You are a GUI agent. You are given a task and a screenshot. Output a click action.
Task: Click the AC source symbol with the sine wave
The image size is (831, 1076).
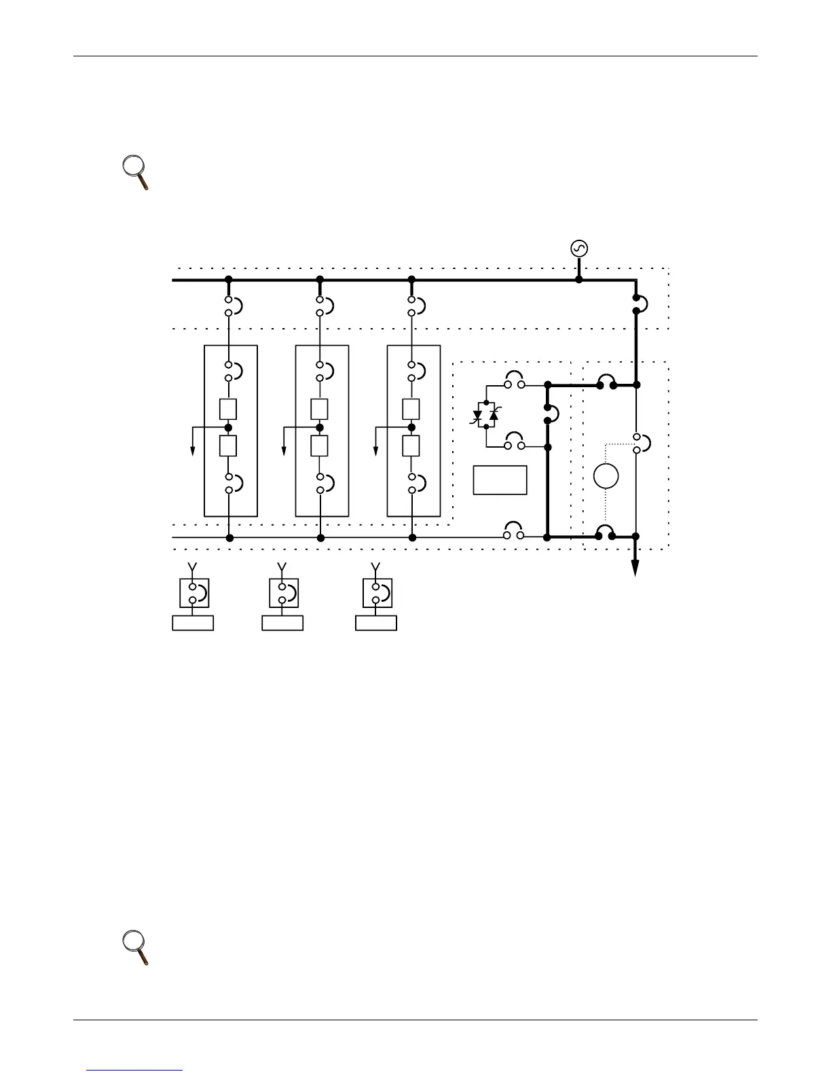pos(579,249)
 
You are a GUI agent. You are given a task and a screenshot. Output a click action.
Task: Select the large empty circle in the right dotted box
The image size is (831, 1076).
pos(606,476)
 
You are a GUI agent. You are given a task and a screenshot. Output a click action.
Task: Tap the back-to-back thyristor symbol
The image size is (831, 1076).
pos(486,415)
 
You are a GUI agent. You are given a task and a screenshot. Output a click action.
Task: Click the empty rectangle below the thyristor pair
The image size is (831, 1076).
pos(500,480)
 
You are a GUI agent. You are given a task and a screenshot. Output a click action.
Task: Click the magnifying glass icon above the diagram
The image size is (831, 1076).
pos(136,173)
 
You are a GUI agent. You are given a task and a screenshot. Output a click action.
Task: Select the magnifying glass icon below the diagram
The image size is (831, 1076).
pos(136,948)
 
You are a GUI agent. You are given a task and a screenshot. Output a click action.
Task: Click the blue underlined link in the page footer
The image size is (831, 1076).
pos(135,1071)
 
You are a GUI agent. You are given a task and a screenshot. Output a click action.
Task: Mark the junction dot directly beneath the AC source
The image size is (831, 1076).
pos(579,279)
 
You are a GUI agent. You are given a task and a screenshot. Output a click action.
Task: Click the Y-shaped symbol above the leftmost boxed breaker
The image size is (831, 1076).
pos(193,567)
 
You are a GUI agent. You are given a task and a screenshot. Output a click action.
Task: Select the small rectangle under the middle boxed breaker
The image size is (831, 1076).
pos(282,622)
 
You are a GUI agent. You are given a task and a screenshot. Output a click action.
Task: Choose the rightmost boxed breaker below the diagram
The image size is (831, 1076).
pos(377,593)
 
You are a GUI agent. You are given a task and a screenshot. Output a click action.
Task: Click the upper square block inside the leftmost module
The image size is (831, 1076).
pos(229,409)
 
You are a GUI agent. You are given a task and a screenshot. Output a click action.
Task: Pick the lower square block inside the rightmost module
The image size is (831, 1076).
pos(411,446)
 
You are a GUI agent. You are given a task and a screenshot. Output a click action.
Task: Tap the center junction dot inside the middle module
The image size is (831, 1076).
pos(320,427)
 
